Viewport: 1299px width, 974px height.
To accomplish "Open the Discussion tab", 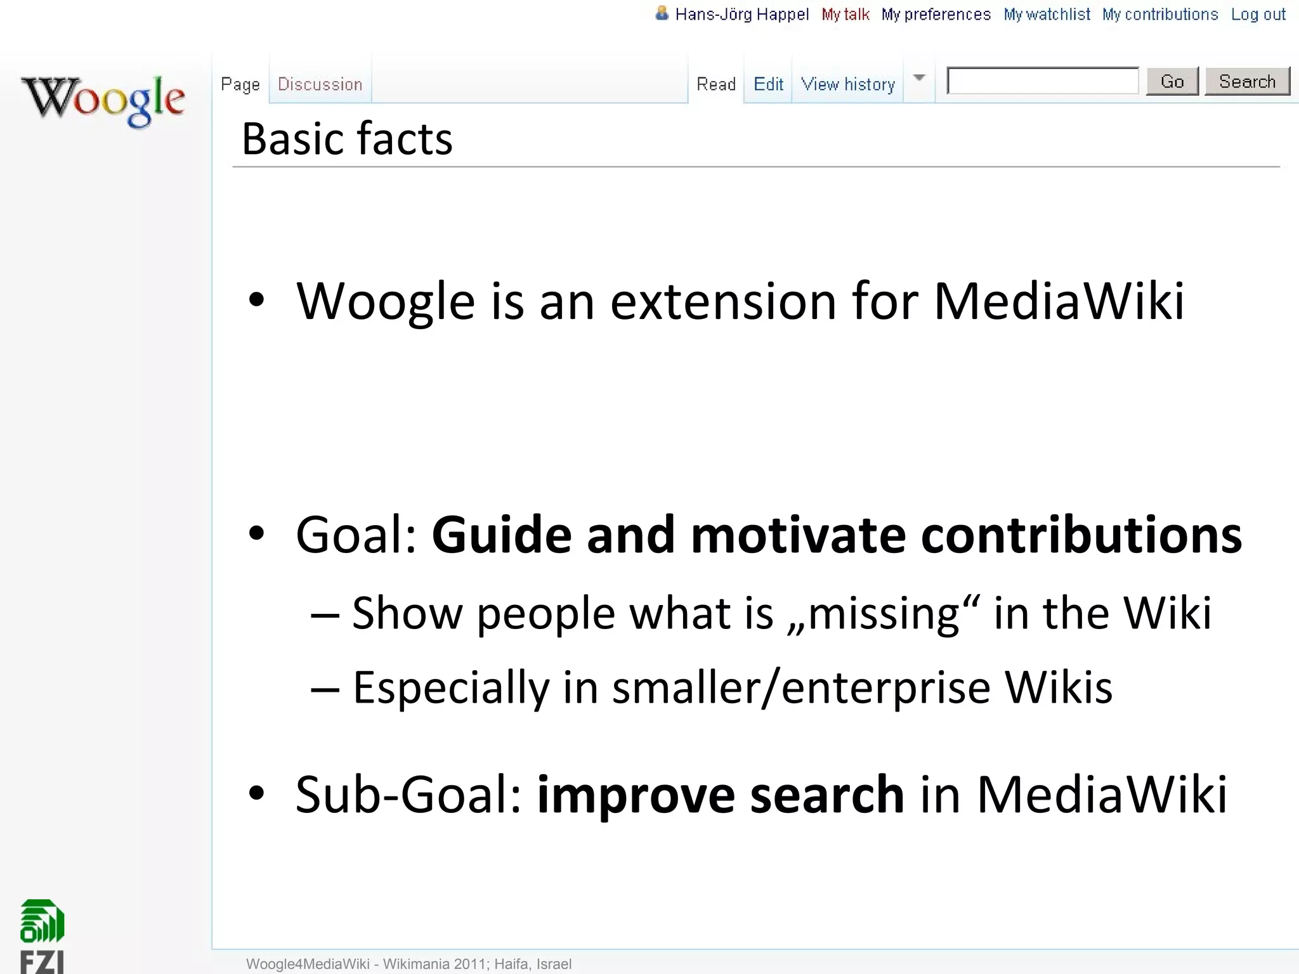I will (x=320, y=84).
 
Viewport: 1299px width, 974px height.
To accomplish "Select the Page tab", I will (x=240, y=84).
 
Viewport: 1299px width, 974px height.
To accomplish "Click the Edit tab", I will (x=768, y=84).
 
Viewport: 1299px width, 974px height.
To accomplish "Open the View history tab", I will (x=847, y=84).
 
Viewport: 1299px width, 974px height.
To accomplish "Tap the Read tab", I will (x=716, y=84).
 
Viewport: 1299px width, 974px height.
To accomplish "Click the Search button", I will (x=1246, y=82).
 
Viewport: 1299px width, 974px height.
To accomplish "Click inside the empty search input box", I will (x=1043, y=81).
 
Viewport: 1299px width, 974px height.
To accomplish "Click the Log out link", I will (x=1258, y=15).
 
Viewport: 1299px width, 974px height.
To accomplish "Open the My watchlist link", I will (x=1047, y=15).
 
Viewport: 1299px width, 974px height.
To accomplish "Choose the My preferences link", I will (x=936, y=15).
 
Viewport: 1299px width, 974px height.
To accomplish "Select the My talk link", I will (x=845, y=15).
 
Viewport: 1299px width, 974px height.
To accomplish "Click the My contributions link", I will (x=1159, y=15).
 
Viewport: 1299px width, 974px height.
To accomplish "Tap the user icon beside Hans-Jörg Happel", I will (x=662, y=13).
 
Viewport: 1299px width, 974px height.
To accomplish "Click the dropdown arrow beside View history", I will (x=919, y=79).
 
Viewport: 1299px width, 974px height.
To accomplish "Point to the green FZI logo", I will (x=42, y=935).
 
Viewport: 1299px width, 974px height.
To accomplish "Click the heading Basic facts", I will (x=347, y=139).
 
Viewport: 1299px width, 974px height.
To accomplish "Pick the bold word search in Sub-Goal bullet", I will (x=827, y=795).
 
